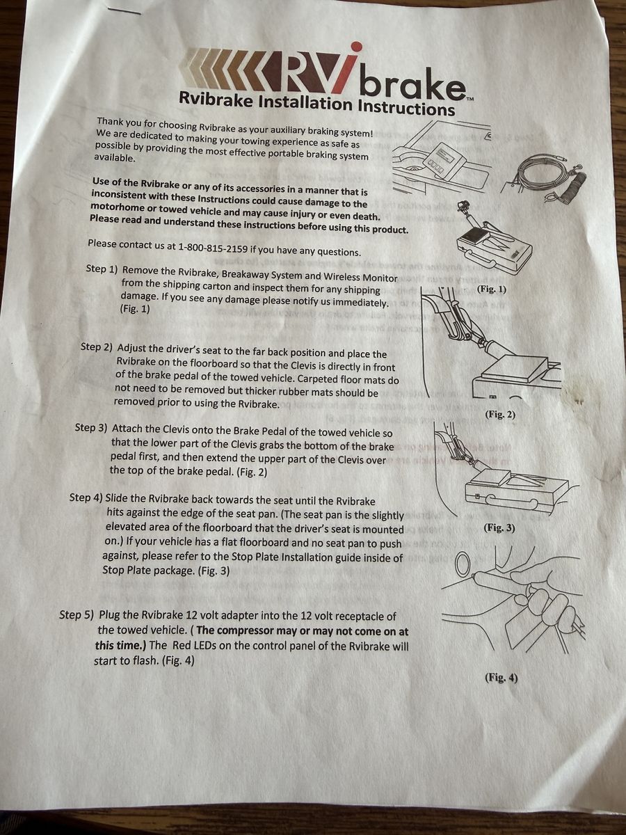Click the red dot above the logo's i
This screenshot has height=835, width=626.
(356, 47)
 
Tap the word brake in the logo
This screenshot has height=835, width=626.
(412, 83)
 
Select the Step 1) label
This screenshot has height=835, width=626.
(102, 269)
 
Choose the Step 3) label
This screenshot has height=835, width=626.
(91, 427)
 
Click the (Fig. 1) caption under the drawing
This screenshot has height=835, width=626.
(492, 289)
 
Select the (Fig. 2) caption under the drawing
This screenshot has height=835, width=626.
(500, 414)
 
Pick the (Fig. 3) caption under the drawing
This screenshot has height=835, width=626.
(499, 528)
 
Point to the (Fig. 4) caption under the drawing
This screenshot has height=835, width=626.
(501, 678)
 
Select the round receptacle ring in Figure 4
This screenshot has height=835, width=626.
(462, 564)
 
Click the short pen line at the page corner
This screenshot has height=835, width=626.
(124, 11)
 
